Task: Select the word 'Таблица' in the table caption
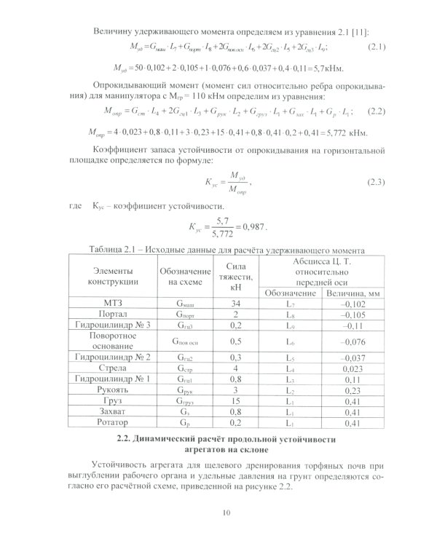tap(108, 250)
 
